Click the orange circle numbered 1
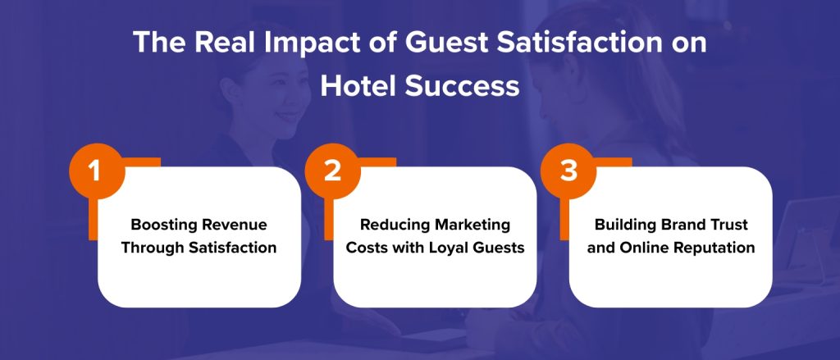coord(95,173)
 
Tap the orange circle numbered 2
coord(331,173)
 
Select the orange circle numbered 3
coord(567,173)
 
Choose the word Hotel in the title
coord(356,85)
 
